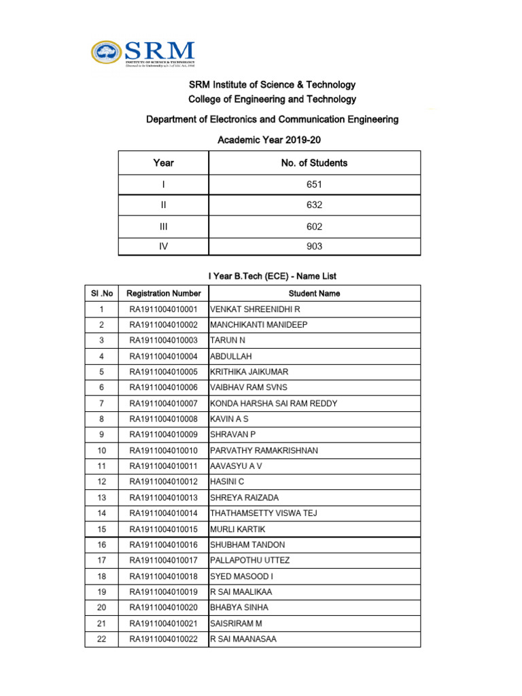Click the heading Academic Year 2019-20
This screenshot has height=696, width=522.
(x=268, y=140)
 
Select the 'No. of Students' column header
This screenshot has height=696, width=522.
(x=314, y=163)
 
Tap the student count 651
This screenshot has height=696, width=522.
(x=314, y=184)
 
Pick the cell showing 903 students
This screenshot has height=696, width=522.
(x=314, y=247)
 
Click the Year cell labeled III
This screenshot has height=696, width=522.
(x=163, y=226)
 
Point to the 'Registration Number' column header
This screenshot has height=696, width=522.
(x=164, y=294)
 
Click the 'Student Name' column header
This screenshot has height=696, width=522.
(x=314, y=294)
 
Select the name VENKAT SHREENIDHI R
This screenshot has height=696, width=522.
(x=255, y=309)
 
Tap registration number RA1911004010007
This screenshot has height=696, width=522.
(x=164, y=404)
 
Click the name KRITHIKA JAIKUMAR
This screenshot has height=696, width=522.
(x=249, y=372)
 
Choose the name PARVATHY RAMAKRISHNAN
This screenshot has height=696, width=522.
(x=264, y=451)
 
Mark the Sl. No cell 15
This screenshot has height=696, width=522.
(x=101, y=529)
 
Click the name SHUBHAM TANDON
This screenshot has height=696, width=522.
(x=247, y=545)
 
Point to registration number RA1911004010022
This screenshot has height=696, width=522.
(x=164, y=639)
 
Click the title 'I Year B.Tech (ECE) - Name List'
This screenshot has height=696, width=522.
(x=272, y=276)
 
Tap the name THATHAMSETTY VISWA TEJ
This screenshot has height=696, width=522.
(x=264, y=513)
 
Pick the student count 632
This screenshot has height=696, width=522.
(x=314, y=205)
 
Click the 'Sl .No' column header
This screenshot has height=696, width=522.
(x=101, y=294)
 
